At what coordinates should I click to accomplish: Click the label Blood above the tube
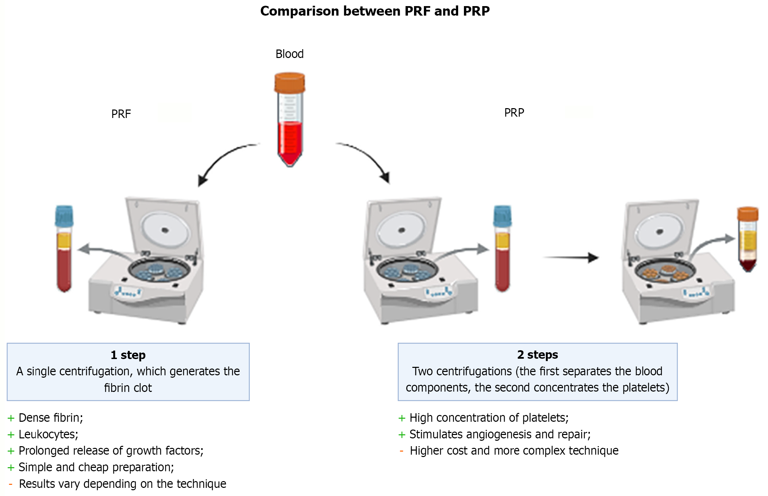(x=289, y=54)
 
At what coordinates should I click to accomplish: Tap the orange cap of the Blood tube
(x=289, y=82)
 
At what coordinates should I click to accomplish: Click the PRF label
(x=121, y=114)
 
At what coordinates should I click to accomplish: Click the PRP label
(x=514, y=113)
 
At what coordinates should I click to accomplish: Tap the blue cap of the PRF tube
(x=64, y=216)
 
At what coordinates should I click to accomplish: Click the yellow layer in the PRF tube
(x=64, y=241)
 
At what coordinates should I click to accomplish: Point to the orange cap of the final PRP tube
(x=748, y=214)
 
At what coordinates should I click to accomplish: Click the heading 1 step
(x=128, y=355)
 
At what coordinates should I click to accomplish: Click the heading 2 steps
(x=537, y=355)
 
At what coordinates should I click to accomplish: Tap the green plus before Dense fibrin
(x=11, y=418)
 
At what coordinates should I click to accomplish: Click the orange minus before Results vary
(x=11, y=484)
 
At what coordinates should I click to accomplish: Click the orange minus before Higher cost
(x=401, y=451)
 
